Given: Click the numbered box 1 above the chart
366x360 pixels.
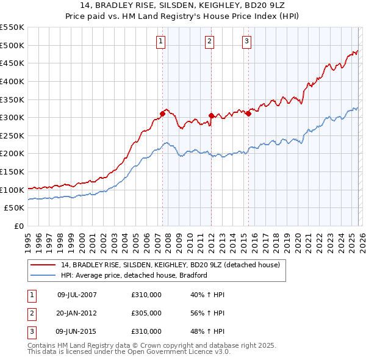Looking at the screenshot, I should [160, 41].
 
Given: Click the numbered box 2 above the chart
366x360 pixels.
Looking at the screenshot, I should [209, 41].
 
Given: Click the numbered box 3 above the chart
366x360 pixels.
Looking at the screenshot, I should [246, 41].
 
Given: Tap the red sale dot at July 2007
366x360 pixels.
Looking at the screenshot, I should [163, 113].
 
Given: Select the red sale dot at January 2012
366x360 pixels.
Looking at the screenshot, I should [211, 115].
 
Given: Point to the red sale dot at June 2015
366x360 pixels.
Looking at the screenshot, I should [248, 113].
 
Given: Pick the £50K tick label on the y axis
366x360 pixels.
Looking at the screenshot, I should [15, 208].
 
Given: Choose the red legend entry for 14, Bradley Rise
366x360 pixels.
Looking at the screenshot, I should [170, 265].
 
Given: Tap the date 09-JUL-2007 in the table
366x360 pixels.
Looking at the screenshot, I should [77, 295].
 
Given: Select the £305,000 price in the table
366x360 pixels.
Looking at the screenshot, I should [146, 313].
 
